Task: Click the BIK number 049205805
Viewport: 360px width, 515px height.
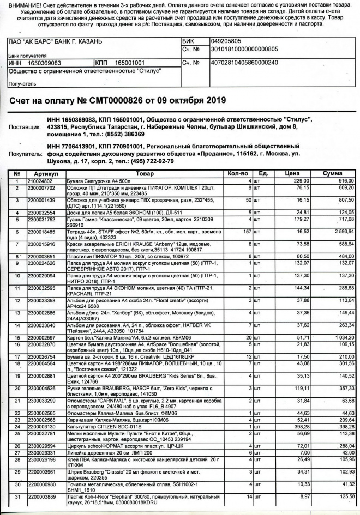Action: coord(228,40)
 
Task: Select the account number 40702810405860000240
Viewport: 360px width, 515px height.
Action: coord(245,63)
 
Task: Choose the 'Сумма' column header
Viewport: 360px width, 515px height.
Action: coord(332,173)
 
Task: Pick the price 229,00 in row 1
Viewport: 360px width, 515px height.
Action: coord(302,180)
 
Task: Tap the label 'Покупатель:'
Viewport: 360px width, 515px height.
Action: coord(24,154)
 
